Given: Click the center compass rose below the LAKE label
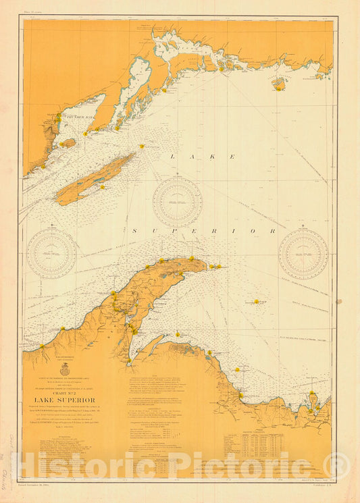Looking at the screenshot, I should tap(177, 202).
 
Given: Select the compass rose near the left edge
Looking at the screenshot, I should tap(51, 254).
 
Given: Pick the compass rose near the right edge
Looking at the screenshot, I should tap(303, 254).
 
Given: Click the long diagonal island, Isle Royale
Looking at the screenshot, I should tap(95, 180).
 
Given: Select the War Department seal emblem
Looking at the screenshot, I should tap(64, 370).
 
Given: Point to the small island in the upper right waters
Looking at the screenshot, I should tap(278, 84).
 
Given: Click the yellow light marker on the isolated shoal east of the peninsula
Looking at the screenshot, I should tap(256, 302).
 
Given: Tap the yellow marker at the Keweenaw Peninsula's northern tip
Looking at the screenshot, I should tap(192, 259).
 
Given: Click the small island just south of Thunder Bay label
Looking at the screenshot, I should tap(68, 143).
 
